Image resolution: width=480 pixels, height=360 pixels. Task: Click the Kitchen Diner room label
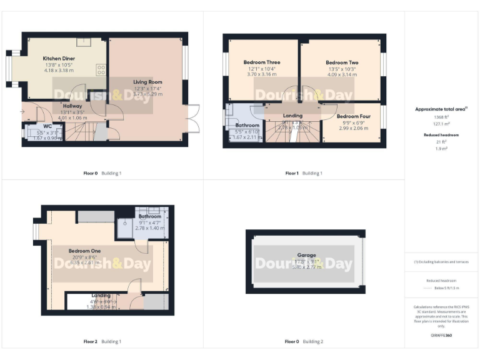tap(59, 58)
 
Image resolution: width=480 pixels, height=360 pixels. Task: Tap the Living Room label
tap(147, 82)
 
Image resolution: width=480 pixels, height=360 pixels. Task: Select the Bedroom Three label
tap(261, 62)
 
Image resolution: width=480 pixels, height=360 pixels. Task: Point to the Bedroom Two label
tap(341, 62)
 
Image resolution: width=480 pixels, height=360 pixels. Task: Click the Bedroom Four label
tap(354, 116)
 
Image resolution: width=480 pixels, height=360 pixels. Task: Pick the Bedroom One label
tap(85, 251)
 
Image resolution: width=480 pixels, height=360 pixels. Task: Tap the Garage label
tap(306, 255)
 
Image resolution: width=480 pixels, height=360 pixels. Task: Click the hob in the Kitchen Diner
tap(101, 69)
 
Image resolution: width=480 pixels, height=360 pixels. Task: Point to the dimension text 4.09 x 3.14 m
tap(341, 74)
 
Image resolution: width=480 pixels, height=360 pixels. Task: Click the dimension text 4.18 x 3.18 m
tap(59, 71)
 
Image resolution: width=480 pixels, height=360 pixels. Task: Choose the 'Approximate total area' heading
tap(441, 109)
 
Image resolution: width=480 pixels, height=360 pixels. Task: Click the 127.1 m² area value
tap(441, 124)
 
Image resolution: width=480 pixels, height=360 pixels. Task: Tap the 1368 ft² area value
tap(441, 117)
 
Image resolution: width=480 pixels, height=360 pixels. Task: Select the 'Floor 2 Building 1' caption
tap(102, 342)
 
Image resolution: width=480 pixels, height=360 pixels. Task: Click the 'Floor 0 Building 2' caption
tap(304, 342)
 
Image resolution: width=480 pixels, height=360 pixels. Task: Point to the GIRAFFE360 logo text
tap(441, 336)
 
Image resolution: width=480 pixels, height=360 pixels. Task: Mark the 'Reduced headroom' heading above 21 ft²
tap(441, 134)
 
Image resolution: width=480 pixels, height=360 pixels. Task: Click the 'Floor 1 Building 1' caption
tap(304, 173)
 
